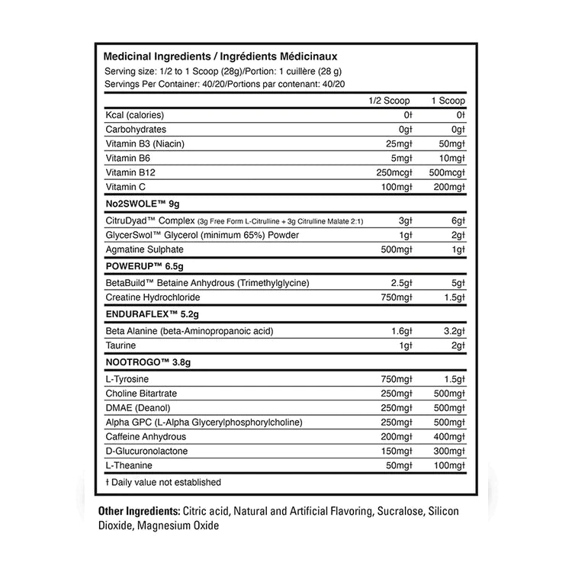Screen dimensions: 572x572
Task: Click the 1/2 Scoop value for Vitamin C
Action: [396, 187]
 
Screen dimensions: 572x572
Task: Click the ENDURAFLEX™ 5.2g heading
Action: [149, 313]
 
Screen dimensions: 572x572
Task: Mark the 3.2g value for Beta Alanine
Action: [451, 330]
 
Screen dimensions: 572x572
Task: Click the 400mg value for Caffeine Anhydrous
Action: [447, 437]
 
